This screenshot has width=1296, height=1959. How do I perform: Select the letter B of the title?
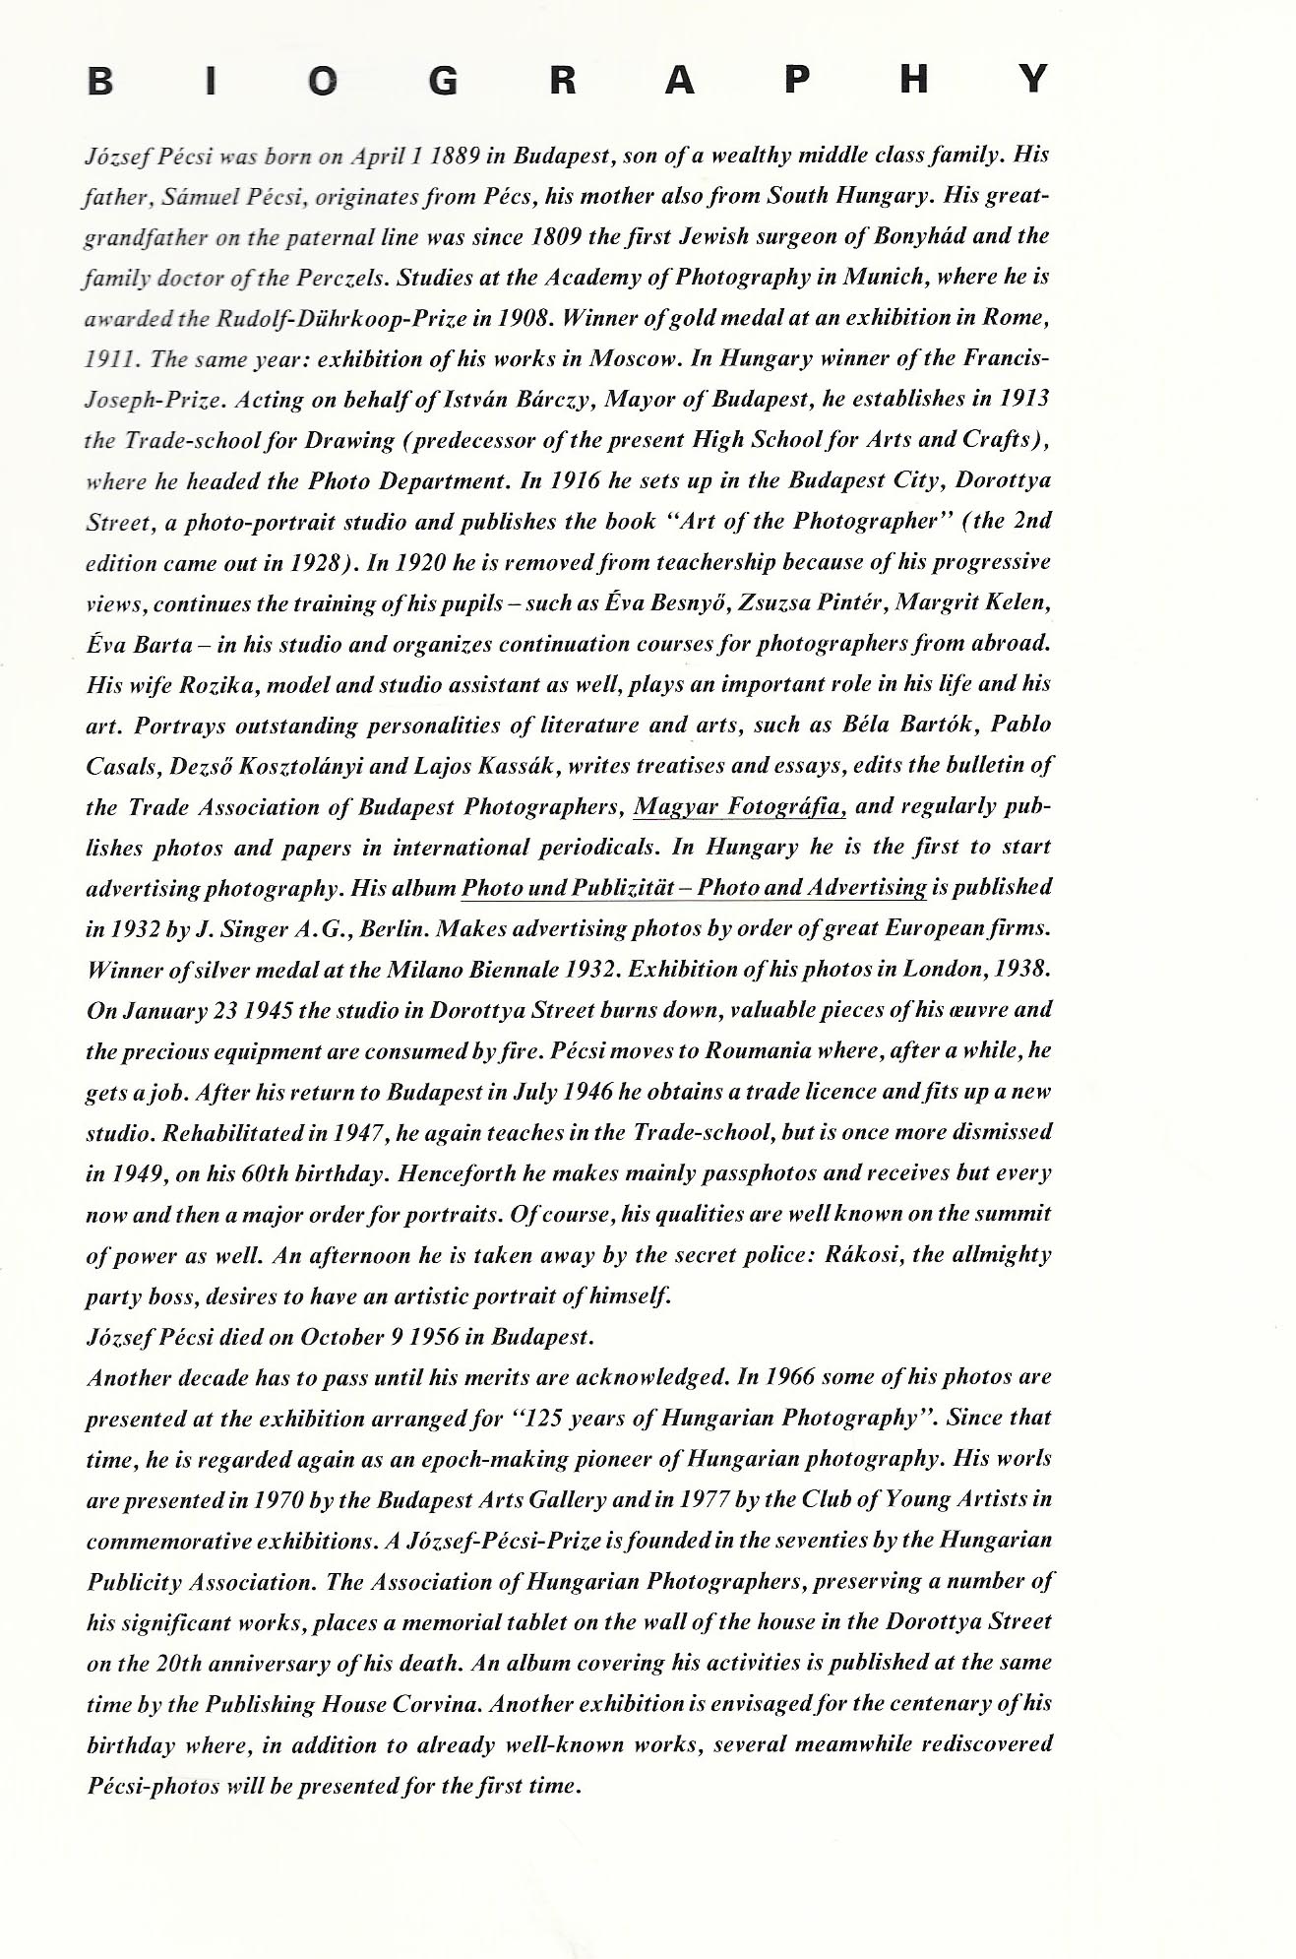click(x=100, y=80)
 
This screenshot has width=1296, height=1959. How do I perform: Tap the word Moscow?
click(x=632, y=358)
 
